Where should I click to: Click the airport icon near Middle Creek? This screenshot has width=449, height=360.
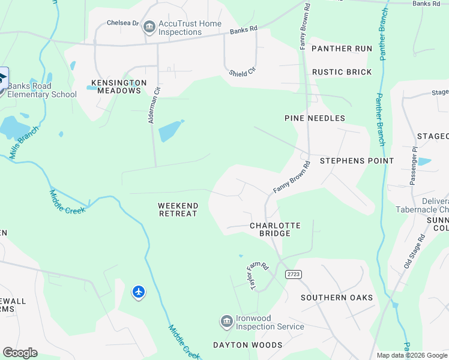139,292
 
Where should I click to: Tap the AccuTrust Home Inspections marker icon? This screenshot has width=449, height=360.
149,28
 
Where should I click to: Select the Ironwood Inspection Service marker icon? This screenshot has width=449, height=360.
226,322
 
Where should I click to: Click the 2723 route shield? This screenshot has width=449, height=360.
294,274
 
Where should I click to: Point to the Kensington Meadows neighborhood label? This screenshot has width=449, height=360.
119,86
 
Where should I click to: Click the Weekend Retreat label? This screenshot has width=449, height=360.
178,209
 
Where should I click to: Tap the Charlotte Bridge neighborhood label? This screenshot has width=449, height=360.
275,229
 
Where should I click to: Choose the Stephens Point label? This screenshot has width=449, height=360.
357,161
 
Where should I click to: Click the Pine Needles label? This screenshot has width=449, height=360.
315,118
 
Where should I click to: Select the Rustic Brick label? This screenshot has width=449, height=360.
342,72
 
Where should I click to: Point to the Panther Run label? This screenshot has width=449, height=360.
342,49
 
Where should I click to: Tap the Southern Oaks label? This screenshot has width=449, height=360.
337,298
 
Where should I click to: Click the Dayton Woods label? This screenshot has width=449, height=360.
248,345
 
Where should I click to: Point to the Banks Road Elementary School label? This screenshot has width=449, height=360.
43,90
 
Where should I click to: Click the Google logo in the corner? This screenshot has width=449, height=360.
20,353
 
